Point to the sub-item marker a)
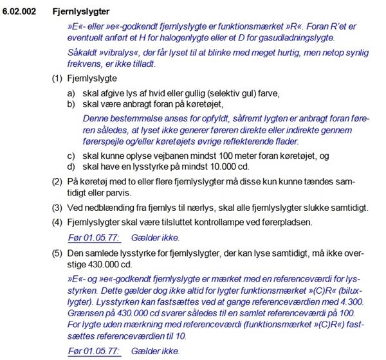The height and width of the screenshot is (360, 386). tap(72, 93)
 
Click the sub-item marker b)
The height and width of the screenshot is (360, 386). tap(72, 104)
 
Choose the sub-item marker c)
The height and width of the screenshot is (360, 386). tap(72, 156)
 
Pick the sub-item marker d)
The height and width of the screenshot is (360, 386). tap(72, 167)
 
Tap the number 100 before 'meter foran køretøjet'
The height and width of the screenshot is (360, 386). tap(215, 156)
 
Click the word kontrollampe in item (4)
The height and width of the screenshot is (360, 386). tap(231, 223)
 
